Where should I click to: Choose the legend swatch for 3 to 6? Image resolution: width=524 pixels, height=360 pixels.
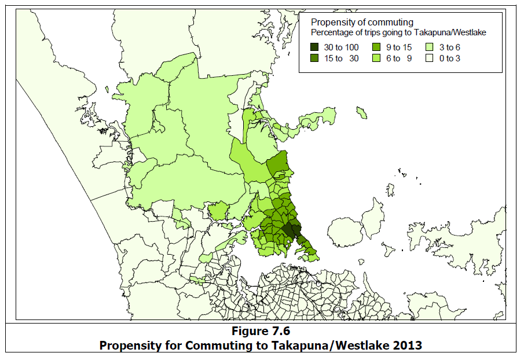(x=430, y=47)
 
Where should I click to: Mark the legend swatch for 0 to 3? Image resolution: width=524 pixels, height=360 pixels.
(x=430, y=58)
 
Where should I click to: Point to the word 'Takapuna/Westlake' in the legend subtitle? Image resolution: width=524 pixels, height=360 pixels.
(x=452, y=32)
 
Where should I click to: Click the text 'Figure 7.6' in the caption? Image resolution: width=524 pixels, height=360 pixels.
(x=261, y=332)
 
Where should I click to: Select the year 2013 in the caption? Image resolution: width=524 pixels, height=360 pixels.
(x=406, y=345)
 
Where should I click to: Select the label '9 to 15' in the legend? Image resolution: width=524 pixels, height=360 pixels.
(x=397, y=47)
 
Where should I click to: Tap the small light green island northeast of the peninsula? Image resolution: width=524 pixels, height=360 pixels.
(x=362, y=111)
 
